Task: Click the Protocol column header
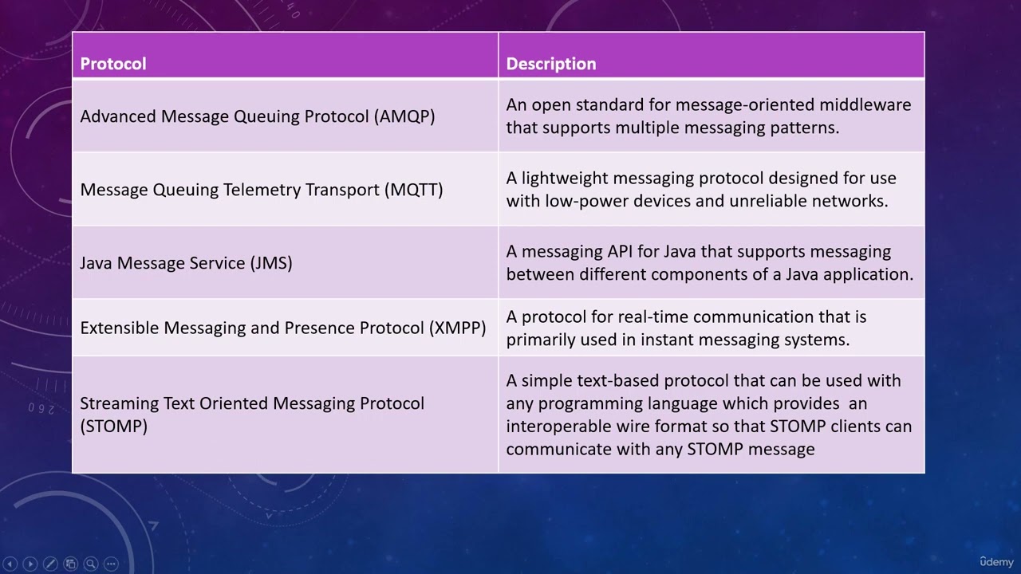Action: tap(113, 64)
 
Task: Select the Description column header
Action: tap(550, 64)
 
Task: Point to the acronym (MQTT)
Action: tap(413, 190)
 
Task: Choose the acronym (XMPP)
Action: tap(457, 328)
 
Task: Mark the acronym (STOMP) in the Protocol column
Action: tap(114, 427)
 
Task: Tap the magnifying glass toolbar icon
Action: tap(90, 564)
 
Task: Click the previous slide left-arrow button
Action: tap(10, 564)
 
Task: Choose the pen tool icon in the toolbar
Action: tap(50, 564)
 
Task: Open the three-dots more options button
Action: tap(110, 564)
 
